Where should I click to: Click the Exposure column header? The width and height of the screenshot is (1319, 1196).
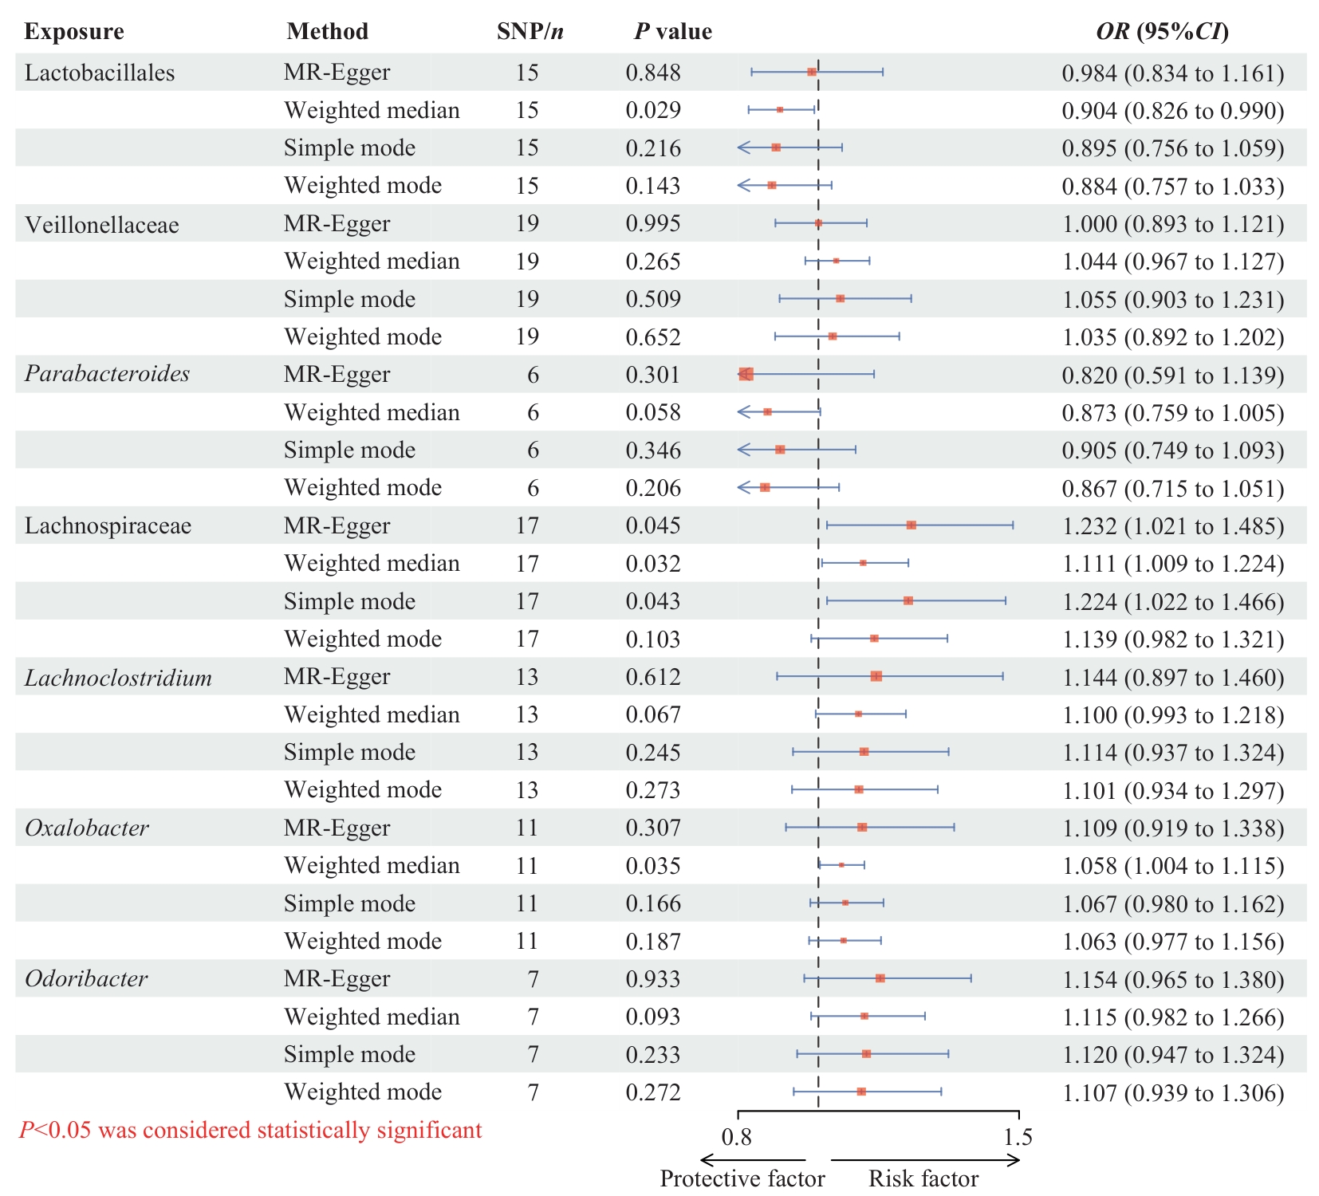(74, 32)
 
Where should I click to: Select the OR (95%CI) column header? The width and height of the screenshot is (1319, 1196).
(1162, 32)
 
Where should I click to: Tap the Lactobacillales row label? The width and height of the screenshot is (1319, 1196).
(100, 73)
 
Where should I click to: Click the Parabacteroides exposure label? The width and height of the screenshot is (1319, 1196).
(107, 374)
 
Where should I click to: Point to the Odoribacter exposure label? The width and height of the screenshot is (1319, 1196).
(86, 978)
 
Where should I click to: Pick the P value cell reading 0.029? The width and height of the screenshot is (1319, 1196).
(653, 110)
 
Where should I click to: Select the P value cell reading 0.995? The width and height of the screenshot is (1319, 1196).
(653, 223)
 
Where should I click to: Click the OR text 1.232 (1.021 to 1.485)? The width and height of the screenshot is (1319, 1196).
(1173, 525)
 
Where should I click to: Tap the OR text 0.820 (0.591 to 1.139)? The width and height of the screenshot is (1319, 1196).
(1173, 375)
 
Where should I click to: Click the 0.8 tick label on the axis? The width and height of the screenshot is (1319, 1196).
(737, 1137)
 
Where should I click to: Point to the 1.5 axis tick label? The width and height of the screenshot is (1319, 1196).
(1018, 1137)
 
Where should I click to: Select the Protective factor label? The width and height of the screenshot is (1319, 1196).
(742, 1178)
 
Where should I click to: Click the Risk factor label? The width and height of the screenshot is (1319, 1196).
(923, 1178)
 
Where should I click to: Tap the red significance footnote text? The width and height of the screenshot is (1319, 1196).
(250, 1131)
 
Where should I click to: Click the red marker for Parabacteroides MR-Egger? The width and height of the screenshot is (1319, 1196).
(746, 374)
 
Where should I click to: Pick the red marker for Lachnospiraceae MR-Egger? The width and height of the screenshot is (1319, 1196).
(911, 525)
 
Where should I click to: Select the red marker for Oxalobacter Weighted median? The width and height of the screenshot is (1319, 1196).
(841, 865)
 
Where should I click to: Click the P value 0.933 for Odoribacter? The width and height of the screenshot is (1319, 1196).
(653, 979)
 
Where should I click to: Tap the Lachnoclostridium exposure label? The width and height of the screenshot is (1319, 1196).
(118, 678)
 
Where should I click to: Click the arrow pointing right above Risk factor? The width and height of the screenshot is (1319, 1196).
(925, 1160)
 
